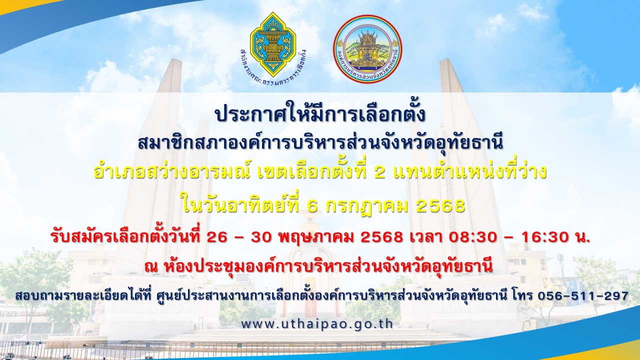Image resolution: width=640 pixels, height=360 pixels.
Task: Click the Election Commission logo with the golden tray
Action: (x=273, y=48)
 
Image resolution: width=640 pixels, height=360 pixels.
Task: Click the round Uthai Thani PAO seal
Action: (x=367, y=49)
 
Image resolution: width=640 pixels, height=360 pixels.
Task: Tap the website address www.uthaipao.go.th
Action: (x=317, y=324)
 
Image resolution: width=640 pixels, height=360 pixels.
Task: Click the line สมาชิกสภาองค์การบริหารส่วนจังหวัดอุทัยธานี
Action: (x=320, y=143)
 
